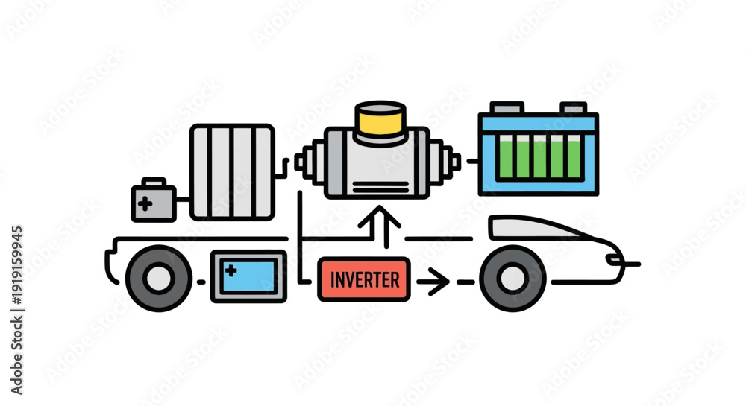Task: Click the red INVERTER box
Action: [x=364, y=279]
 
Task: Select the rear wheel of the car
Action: [x=158, y=279]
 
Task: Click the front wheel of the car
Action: [x=513, y=279]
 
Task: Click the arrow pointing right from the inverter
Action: [x=433, y=282]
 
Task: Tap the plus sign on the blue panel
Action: [x=231, y=270]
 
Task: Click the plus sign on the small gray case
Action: [x=145, y=203]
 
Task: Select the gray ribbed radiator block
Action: [x=232, y=172]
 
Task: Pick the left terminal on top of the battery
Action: [x=507, y=108]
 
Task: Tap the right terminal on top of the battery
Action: [x=573, y=108]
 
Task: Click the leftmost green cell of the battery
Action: [x=506, y=156]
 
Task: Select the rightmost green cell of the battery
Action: [x=574, y=156]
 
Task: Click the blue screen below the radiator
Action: [x=248, y=276]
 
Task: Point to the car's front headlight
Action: [x=614, y=259]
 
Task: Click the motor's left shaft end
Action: [x=299, y=162]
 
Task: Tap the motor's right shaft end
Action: [x=456, y=162]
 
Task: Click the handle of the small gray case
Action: [x=154, y=182]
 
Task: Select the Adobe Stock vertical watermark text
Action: [x=16, y=310]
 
